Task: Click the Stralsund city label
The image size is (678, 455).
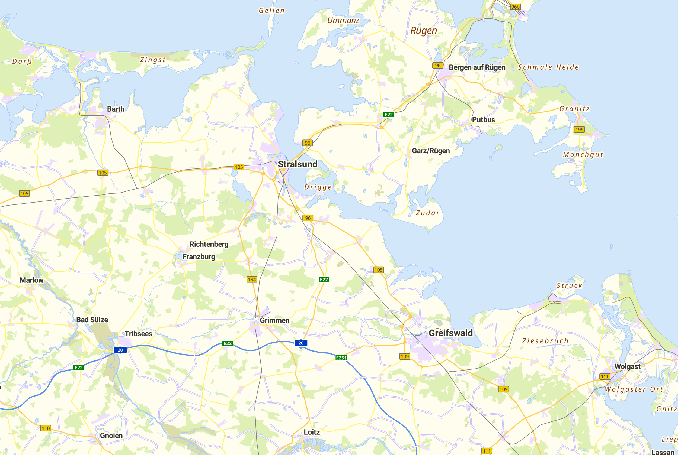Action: [x=298, y=164]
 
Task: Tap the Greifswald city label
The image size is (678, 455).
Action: [x=450, y=333]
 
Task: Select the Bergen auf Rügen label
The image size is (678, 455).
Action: [x=477, y=67]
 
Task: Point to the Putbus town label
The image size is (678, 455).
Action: [x=483, y=119]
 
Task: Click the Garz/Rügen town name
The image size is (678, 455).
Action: [x=430, y=151]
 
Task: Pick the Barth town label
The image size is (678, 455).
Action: [x=116, y=109]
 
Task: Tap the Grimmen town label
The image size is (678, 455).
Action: [x=274, y=320]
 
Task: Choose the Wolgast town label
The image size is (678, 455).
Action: [x=627, y=366]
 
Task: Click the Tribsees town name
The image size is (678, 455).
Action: [x=138, y=334]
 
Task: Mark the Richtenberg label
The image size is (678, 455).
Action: [x=209, y=244]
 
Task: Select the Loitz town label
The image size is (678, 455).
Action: [x=312, y=432]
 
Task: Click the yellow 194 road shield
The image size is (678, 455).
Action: [x=252, y=279]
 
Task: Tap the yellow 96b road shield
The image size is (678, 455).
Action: [x=515, y=7]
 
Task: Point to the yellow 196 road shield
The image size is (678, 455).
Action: [x=579, y=129]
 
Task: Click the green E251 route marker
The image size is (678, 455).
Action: [x=341, y=358]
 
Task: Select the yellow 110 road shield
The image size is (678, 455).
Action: [x=46, y=428]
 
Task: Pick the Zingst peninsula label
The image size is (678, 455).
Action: [x=153, y=60]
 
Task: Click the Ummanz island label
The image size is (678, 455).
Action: [x=343, y=21]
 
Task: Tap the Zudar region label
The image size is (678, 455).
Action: [x=427, y=213]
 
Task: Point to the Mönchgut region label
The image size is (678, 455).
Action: [x=583, y=155]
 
